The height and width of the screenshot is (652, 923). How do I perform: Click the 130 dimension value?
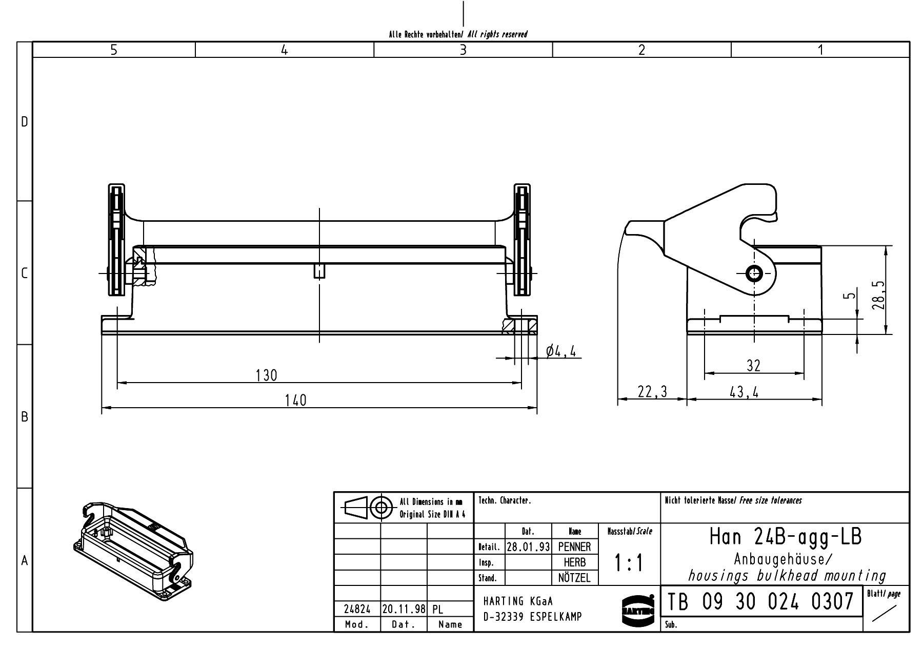pyautogui.click(x=266, y=375)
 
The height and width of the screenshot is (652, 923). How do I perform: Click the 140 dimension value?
pyautogui.click(x=295, y=401)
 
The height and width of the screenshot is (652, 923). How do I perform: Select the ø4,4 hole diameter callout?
pyautogui.click(x=561, y=351)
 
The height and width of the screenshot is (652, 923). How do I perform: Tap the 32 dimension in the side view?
pyautogui.click(x=753, y=366)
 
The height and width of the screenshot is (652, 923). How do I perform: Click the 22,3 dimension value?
pyautogui.click(x=652, y=392)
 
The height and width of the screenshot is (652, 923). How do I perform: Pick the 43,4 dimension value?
pyautogui.click(x=744, y=392)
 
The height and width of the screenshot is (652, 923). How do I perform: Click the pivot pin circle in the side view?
pyautogui.click(x=754, y=274)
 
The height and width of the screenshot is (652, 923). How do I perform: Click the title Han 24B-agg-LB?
pyautogui.click(x=786, y=537)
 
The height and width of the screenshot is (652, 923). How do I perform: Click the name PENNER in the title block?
pyautogui.click(x=574, y=547)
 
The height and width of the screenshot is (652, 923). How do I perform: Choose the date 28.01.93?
pyautogui.click(x=528, y=547)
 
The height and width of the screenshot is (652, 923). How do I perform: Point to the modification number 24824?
pyautogui.click(x=357, y=609)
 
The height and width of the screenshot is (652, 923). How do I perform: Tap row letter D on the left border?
pyautogui.click(x=24, y=122)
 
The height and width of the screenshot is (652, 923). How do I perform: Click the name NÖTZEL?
pyautogui.click(x=574, y=578)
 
